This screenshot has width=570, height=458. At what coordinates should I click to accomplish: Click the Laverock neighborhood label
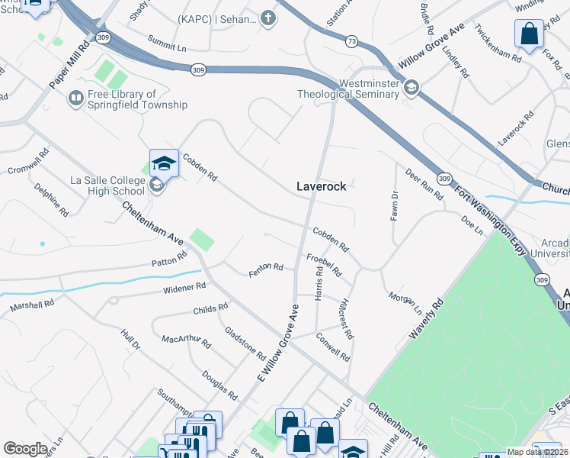(x=321, y=185)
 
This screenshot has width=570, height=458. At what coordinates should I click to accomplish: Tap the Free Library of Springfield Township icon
(x=76, y=98)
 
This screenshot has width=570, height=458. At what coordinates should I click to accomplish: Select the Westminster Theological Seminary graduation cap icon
(x=411, y=88)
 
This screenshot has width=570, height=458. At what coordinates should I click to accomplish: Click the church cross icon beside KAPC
(x=267, y=18)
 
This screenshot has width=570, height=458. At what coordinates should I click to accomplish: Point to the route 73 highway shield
(x=351, y=40)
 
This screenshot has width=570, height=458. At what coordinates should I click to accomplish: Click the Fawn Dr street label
(x=394, y=205)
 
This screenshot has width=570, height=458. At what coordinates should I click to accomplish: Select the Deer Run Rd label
(x=424, y=184)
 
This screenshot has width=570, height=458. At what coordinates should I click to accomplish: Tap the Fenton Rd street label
(x=266, y=270)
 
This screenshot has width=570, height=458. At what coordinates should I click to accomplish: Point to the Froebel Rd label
(x=324, y=264)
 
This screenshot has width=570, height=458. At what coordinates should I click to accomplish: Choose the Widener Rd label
(x=184, y=289)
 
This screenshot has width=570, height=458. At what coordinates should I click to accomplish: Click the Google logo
(x=26, y=449)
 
